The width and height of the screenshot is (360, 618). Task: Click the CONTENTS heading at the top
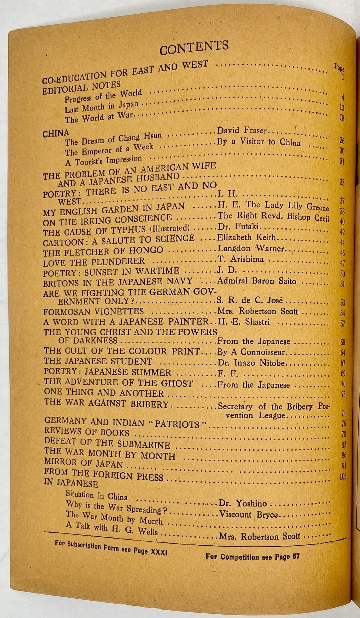[194, 48]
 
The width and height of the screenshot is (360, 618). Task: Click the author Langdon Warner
[251, 249]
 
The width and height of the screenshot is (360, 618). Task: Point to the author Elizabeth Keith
[247, 238]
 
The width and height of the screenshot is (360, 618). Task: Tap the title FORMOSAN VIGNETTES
[94, 311]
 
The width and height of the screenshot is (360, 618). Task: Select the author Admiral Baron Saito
[257, 281]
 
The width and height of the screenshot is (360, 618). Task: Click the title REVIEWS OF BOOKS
[86, 432]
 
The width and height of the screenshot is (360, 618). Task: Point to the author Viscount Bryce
[249, 515]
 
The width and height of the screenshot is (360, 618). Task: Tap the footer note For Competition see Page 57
[252, 556]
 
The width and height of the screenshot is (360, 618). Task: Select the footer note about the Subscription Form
[111, 547]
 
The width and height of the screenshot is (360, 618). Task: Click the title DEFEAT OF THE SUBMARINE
[107, 443]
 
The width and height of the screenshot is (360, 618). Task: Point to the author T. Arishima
[240, 260]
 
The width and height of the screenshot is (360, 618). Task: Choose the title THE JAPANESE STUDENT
[98, 361]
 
